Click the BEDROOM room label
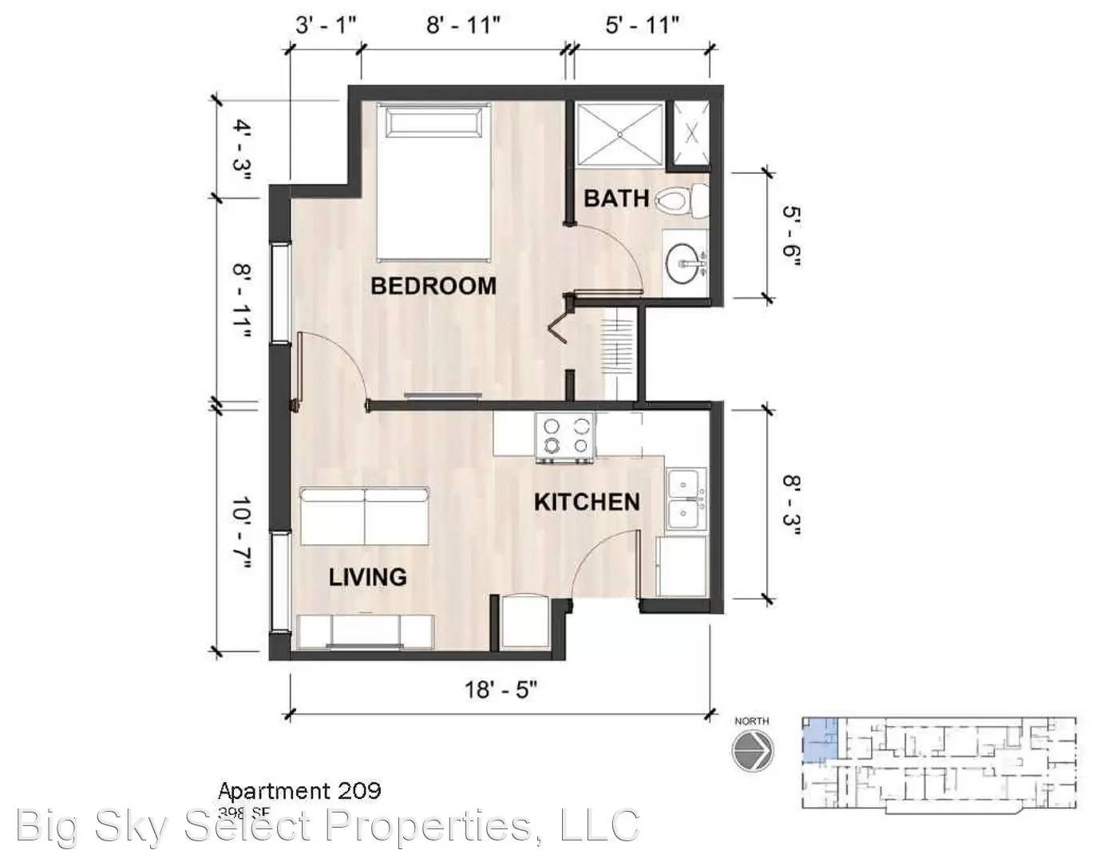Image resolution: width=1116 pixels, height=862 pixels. click(433, 285)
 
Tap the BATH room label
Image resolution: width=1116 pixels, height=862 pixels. click(615, 198)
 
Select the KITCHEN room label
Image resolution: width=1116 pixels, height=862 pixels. click(586, 502)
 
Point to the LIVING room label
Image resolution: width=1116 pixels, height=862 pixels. click(367, 576)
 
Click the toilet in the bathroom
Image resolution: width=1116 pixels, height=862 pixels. click(681, 200)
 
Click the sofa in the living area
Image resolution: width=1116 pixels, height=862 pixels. click(364, 516)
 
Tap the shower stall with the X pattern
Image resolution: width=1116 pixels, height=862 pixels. click(620, 134)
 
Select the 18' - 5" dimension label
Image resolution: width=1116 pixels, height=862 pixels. click(501, 689)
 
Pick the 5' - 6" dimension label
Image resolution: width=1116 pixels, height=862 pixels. click(790, 236)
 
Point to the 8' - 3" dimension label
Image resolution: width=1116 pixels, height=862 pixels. click(790, 504)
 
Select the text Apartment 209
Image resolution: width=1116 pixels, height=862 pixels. click(299, 791)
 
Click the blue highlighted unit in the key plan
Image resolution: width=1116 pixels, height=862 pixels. click(817, 738)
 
